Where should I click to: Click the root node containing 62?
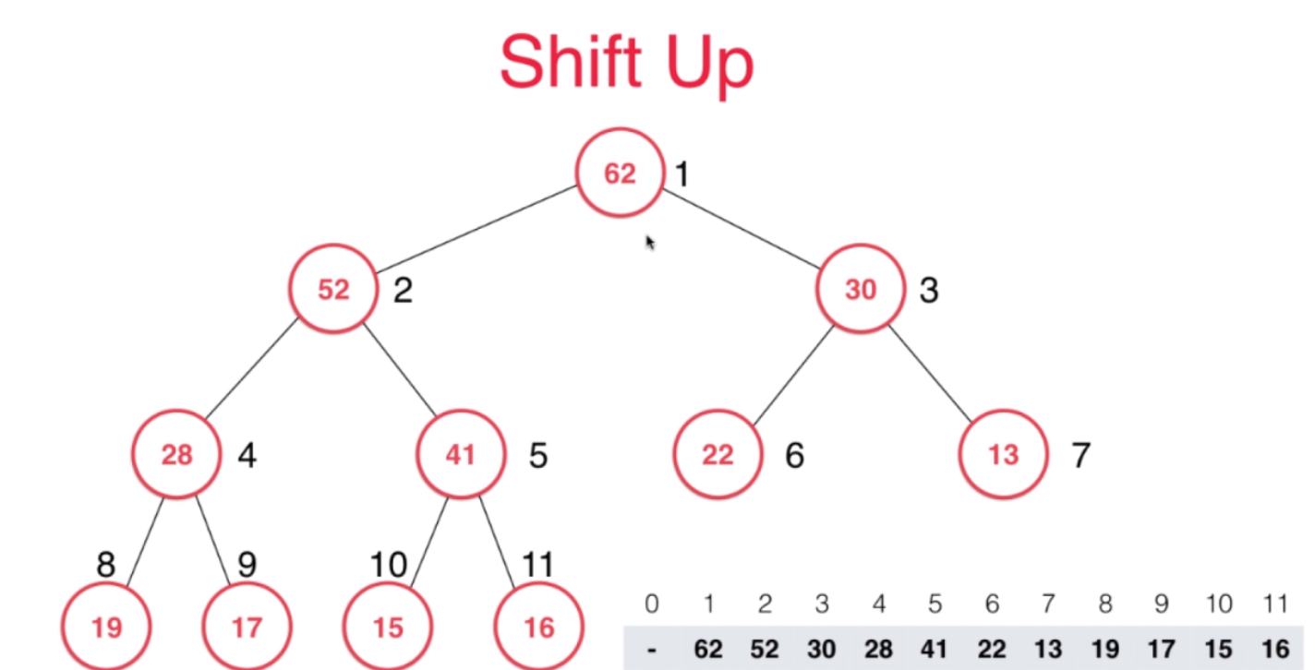tap(620, 173)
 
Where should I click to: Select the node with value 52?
tap(333, 290)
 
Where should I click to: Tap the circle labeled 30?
tap(860, 290)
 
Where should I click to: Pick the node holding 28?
tap(176, 455)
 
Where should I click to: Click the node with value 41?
tap(460, 455)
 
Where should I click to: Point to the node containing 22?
tap(718, 455)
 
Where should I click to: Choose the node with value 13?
tap(1003, 455)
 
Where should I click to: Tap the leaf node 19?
tap(107, 628)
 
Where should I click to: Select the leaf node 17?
tap(247, 628)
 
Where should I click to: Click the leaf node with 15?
tap(388, 628)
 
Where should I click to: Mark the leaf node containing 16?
tap(538, 628)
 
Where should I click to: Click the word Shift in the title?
tap(564, 61)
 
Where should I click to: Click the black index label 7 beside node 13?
tap(1081, 455)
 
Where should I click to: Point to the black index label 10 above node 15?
tap(388, 565)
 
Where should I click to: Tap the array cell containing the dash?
tap(652, 650)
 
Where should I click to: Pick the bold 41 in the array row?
tap(935, 650)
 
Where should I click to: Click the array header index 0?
tap(652, 604)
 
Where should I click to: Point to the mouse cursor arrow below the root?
tap(649, 242)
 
